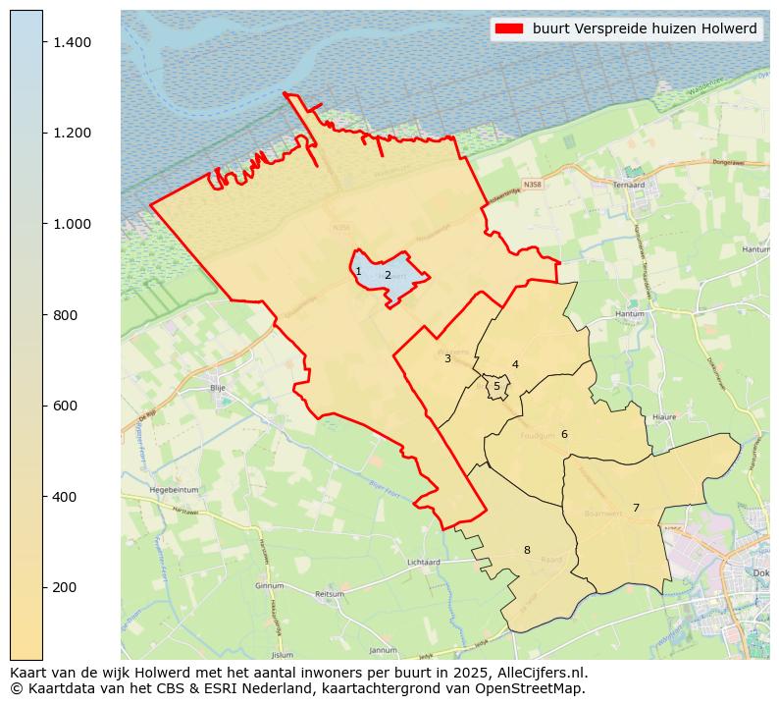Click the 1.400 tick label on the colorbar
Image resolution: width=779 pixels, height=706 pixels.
(73, 42)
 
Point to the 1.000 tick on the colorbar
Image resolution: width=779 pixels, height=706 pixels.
(73, 224)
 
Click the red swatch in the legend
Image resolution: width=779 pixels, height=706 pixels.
(510, 28)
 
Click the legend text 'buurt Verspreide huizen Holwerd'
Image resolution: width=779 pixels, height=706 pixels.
(645, 28)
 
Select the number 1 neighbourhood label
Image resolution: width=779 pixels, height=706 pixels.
(358, 272)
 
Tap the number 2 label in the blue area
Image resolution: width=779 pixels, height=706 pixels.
(388, 275)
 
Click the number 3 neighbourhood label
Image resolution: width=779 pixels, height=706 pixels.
(447, 359)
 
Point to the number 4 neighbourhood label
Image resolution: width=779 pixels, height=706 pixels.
(515, 365)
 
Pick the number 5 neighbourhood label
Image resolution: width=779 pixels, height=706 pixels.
(496, 387)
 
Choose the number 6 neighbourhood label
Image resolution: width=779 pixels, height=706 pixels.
(564, 434)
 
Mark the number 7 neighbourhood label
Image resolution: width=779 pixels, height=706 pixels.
(636, 508)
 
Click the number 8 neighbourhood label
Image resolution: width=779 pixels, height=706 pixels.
(527, 550)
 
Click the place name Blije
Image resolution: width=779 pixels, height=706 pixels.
(218, 388)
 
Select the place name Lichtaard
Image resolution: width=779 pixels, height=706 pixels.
(424, 563)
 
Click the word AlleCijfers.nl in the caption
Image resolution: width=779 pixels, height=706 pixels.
(538, 673)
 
